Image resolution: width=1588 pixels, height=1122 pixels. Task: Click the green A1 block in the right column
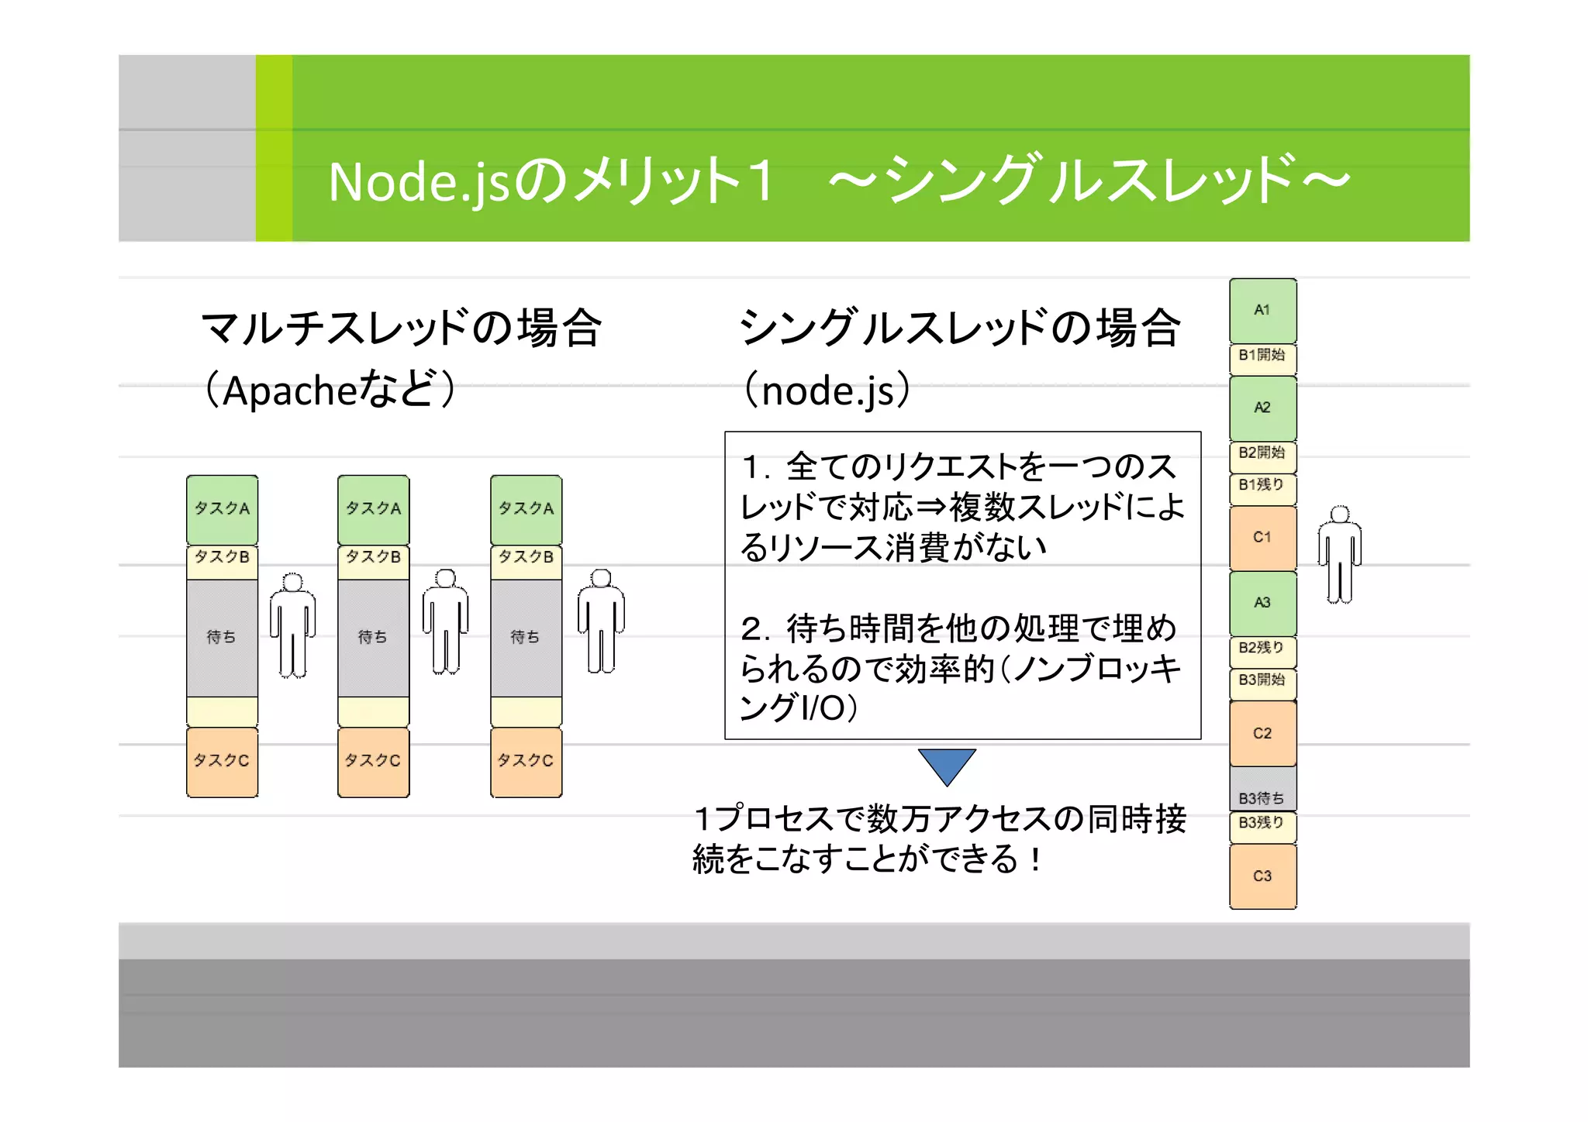point(1262,311)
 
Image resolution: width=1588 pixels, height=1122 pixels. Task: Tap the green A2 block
point(1262,408)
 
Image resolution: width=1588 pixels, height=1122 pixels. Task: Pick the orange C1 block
point(1262,538)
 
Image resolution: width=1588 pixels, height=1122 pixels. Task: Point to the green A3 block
point(1262,603)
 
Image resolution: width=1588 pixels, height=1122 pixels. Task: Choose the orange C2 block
point(1262,733)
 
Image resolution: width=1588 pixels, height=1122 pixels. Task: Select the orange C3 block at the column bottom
point(1262,876)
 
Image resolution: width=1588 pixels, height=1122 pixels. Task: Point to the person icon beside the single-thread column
point(1339,555)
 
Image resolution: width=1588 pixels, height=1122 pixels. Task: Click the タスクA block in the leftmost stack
point(222,509)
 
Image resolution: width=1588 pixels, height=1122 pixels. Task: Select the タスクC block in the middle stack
point(373,762)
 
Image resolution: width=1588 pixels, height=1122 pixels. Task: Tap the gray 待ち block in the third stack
point(526,638)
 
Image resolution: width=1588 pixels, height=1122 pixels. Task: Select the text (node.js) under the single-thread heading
point(827,390)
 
